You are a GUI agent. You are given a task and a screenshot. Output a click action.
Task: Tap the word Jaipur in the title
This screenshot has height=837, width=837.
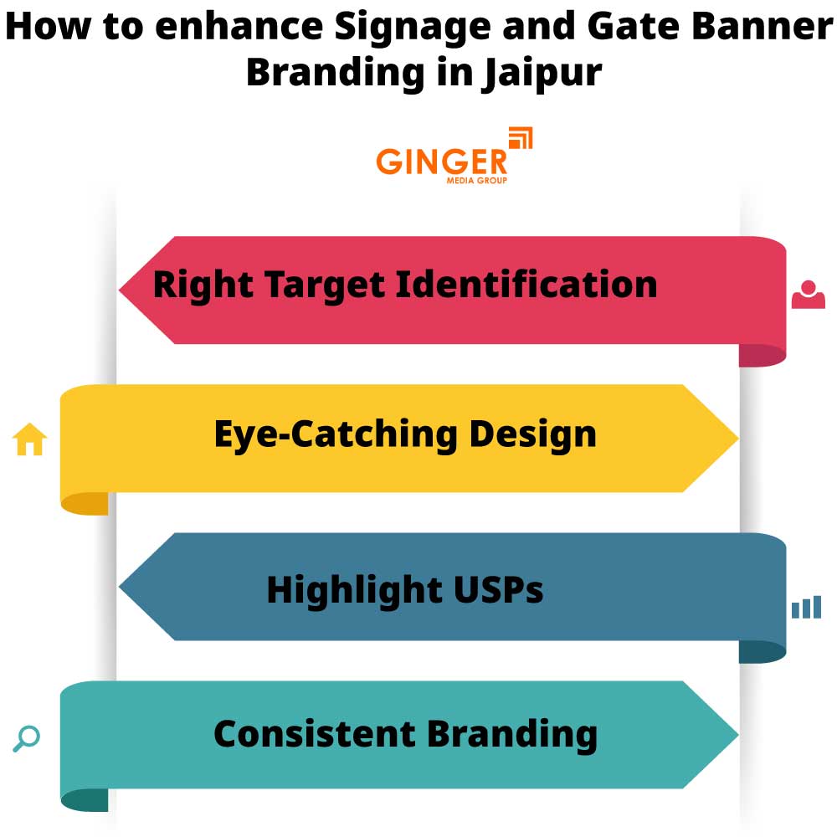542,72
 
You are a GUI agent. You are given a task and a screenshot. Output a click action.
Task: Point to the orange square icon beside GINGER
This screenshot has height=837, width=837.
521,139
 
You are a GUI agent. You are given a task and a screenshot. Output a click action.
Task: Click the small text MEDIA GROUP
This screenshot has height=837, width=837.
476,179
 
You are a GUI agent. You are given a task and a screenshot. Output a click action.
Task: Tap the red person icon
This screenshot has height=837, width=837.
808,295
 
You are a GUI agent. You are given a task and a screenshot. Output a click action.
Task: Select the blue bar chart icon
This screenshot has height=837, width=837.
806,608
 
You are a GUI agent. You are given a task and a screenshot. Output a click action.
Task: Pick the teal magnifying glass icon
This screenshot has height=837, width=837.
27,738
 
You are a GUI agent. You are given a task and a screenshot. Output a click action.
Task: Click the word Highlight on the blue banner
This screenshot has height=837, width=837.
352,590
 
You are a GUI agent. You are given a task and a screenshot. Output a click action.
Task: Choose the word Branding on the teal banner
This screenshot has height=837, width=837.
511,734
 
